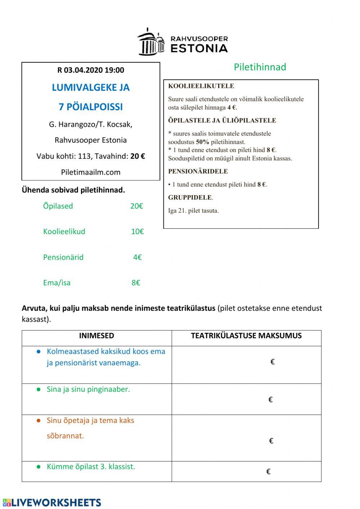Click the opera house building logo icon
(x=151, y=41)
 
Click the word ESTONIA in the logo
(x=199, y=48)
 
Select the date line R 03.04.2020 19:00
(x=91, y=70)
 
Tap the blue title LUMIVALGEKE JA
(x=91, y=88)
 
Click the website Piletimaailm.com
(x=91, y=172)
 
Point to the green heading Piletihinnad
(x=260, y=67)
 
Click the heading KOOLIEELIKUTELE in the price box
(x=201, y=86)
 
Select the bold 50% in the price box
(x=203, y=142)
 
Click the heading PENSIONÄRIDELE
(x=198, y=171)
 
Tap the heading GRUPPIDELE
(x=190, y=197)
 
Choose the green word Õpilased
(x=58, y=206)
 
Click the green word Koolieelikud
(x=64, y=232)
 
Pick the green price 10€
(x=137, y=232)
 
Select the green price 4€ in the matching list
(x=137, y=257)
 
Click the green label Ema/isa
(x=57, y=283)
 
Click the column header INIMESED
(x=96, y=336)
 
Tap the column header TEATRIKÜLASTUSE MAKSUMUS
(x=246, y=336)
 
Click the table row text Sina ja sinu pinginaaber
(x=88, y=389)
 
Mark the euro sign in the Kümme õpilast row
(x=268, y=472)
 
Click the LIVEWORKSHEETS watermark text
(x=57, y=503)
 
